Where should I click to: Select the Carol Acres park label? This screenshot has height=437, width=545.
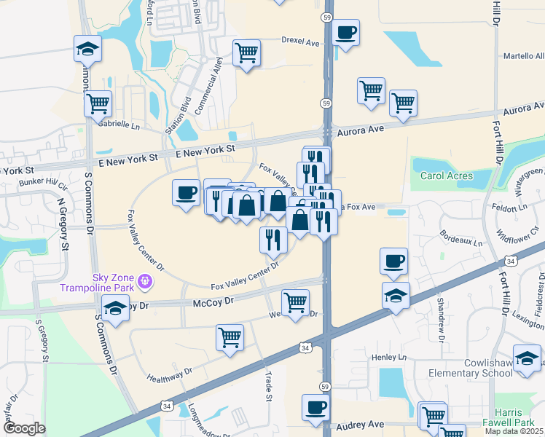(x=446, y=176)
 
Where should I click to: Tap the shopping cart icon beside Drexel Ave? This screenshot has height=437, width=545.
(x=247, y=52)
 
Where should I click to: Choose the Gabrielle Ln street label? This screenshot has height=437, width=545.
(x=120, y=125)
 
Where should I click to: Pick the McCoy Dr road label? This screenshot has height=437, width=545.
(x=213, y=301)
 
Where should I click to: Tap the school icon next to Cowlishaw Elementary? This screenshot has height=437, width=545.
(x=528, y=358)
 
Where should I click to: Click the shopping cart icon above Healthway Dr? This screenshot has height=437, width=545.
(x=230, y=337)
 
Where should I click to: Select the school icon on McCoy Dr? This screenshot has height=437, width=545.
(x=115, y=308)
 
